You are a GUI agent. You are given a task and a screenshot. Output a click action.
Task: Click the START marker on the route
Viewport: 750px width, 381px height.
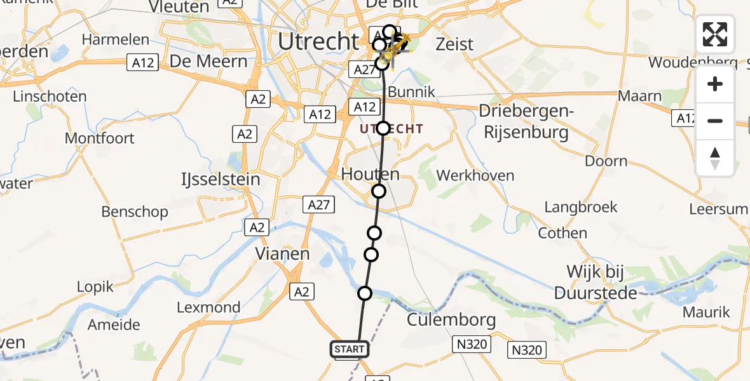point(349,349)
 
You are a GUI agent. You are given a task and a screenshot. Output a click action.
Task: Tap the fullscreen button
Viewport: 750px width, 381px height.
point(715,34)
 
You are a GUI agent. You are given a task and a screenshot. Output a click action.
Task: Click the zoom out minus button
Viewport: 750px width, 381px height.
point(715,121)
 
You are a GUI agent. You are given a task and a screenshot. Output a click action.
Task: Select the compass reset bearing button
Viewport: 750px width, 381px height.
point(715,157)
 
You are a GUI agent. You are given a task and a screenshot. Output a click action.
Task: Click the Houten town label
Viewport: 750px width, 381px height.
point(371,174)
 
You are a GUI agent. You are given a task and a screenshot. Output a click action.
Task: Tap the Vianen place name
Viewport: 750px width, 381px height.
point(282,254)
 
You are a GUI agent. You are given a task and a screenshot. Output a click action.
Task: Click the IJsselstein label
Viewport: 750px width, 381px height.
point(227,179)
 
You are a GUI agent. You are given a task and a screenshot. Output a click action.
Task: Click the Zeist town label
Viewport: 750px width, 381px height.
point(454,44)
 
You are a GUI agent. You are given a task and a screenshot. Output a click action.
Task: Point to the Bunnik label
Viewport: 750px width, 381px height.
point(411,92)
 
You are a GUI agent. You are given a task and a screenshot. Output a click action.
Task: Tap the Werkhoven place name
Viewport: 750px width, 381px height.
point(475,175)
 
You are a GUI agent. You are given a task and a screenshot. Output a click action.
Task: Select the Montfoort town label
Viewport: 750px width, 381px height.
point(100,138)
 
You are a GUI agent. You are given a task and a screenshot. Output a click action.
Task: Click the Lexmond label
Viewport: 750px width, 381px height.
point(208,308)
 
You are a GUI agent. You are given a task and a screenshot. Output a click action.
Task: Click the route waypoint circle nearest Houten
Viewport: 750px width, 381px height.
point(379,191)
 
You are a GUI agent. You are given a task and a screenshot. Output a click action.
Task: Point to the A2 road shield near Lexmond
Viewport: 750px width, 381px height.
point(301,291)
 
